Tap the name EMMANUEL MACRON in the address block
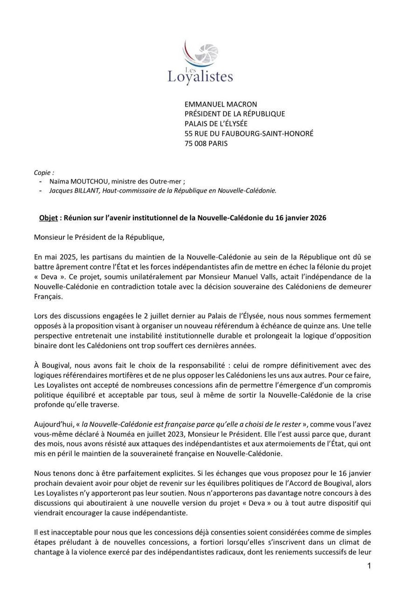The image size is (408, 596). (221, 104)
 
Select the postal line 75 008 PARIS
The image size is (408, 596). (206, 143)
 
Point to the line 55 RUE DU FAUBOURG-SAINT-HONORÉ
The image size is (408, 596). (249, 134)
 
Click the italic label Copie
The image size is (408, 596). (43, 172)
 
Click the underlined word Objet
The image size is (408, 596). (48, 218)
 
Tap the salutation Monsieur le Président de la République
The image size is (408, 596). (99, 237)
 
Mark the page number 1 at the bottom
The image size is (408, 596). (369, 566)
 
